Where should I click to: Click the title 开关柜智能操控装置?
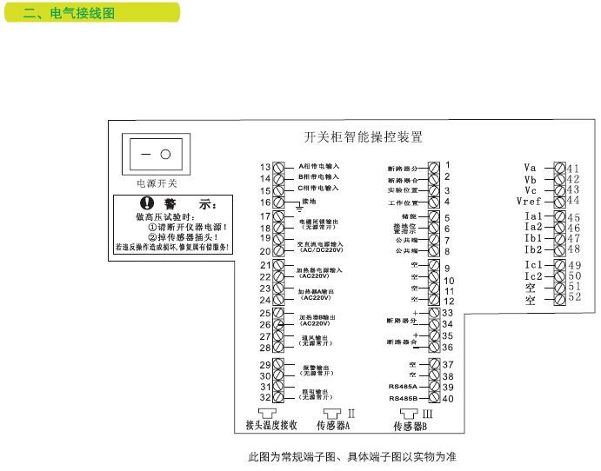[x=364, y=136]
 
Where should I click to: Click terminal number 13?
[x=265, y=167]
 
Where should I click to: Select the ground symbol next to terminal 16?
[x=298, y=205]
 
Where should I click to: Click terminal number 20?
[x=265, y=251]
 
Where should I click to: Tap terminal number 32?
[x=265, y=398]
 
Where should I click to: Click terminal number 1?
[x=446, y=164]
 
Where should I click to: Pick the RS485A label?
[x=403, y=387]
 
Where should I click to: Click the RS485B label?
[x=403, y=399]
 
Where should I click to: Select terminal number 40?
[x=448, y=399]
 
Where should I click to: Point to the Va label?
[x=531, y=167]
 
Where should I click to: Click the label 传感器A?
[x=333, y=426]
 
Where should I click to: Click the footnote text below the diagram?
[x=352, y=456]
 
